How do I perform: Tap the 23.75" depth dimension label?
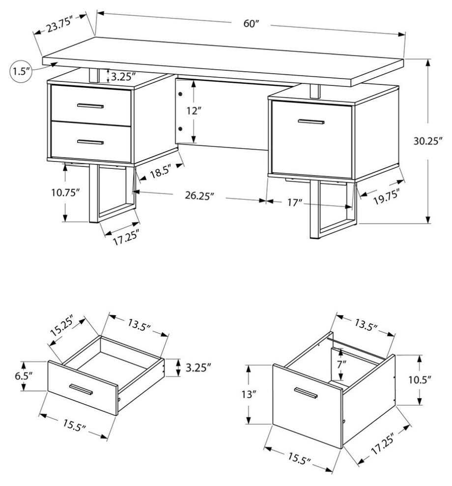[59, 25]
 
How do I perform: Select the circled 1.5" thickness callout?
[20, 71]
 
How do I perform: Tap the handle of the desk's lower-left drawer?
[90, 142]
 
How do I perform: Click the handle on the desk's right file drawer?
[310, 121]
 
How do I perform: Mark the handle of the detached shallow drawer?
[82, 389]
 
